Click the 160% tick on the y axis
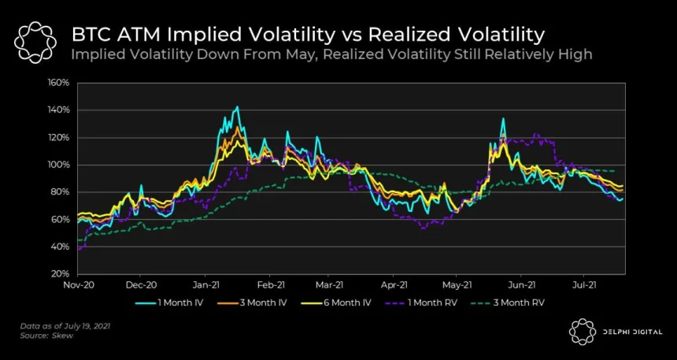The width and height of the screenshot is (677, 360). [60, 83]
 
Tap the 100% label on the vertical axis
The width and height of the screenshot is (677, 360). [60, 165]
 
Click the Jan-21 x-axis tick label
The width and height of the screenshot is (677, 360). [206, 285]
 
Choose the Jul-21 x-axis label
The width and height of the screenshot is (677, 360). [584, 285]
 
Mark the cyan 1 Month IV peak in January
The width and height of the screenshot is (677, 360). [236, 107]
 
